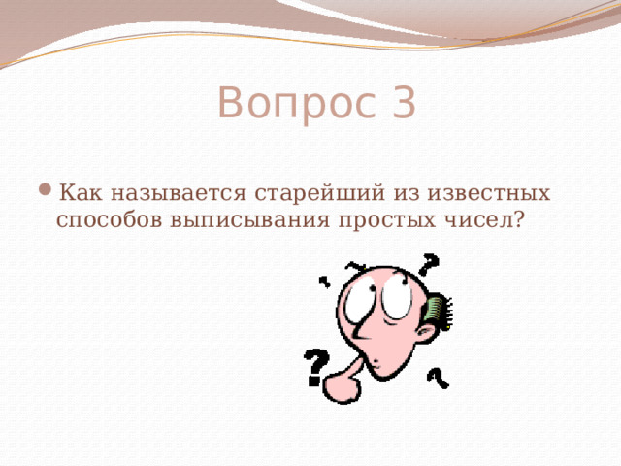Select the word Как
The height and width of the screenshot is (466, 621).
click(x=82, y=189)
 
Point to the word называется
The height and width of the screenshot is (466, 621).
click(x=181, y=190)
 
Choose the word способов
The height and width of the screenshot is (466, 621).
click(x=110, y=220)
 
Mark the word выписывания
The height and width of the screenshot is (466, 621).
click(x=248, y=220)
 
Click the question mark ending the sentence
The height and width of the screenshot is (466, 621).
click(x=520, y=219)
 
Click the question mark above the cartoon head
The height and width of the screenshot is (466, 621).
click(x=428, y=263)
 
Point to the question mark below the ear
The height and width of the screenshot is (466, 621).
click(x=438, y=376)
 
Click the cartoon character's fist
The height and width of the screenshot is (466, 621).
click(x=342, y=383)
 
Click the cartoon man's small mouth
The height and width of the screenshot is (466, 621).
click(x=379, y=364)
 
